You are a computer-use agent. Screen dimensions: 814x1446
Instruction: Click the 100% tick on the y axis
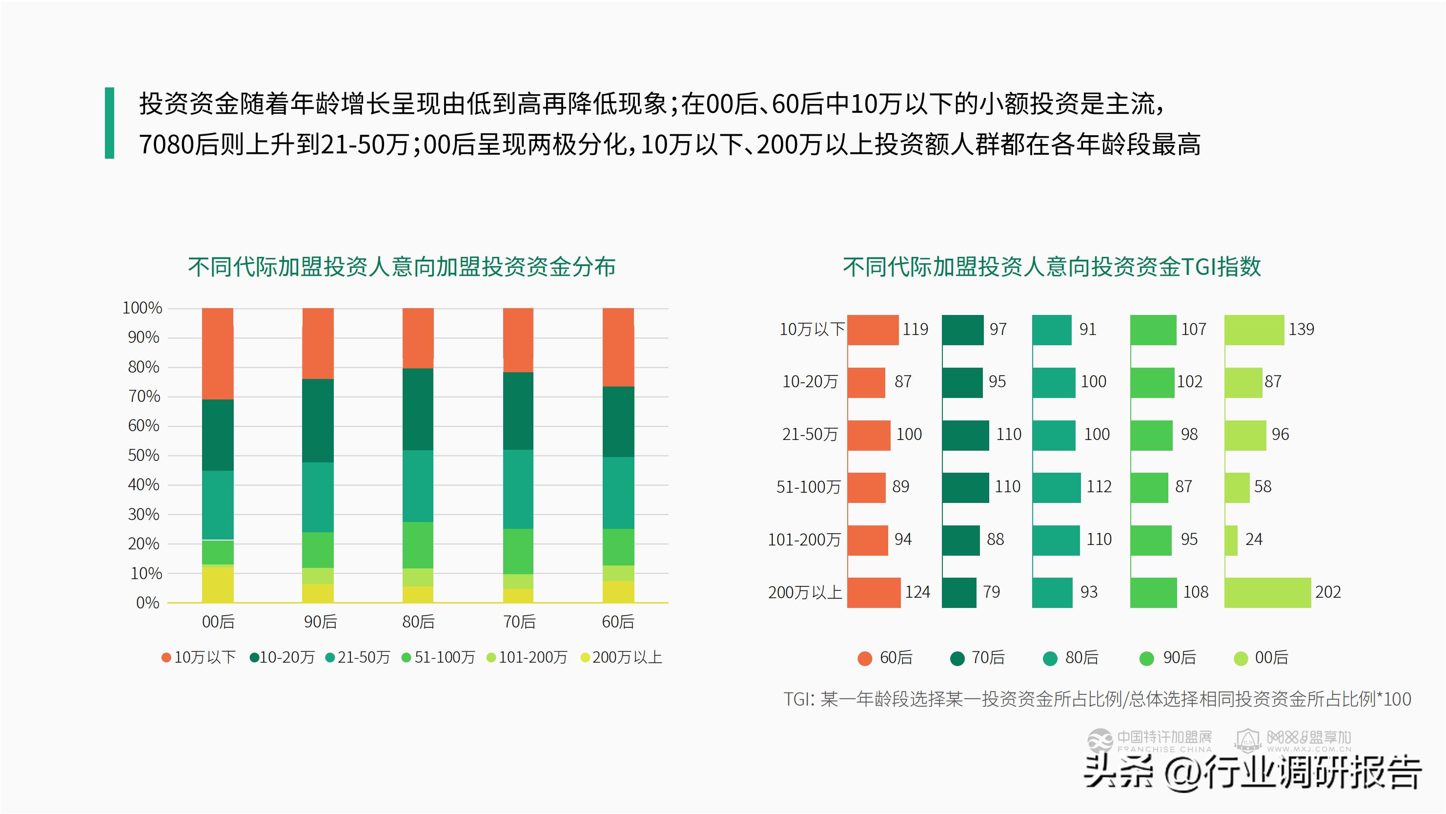[142, 308]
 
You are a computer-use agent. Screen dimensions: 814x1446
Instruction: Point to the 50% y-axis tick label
[143, 455]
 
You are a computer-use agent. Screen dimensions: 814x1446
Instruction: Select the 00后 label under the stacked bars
[218, 621]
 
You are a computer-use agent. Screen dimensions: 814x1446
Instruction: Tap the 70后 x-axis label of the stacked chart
[519, 621]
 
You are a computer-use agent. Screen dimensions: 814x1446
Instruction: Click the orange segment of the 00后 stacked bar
[218, 354]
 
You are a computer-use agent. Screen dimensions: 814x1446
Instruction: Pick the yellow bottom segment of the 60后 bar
[618, 591]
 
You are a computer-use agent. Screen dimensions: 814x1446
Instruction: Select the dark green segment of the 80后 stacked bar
[418, 409]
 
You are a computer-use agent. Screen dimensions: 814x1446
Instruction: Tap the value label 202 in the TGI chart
[1327, 592]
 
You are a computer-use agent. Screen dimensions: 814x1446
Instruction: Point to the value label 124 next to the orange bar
[917, 592]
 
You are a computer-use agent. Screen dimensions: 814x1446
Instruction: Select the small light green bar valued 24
[1231, 540]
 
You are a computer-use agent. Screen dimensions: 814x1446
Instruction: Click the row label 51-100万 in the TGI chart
[808, 487]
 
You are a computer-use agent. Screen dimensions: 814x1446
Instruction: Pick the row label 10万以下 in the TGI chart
[811, 329]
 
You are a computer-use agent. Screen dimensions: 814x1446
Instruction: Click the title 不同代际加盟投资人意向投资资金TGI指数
[1051, 267]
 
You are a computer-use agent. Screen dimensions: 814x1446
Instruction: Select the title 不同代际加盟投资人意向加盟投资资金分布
[401, 267]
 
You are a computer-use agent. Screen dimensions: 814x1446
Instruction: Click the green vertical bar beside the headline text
[109, 123]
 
